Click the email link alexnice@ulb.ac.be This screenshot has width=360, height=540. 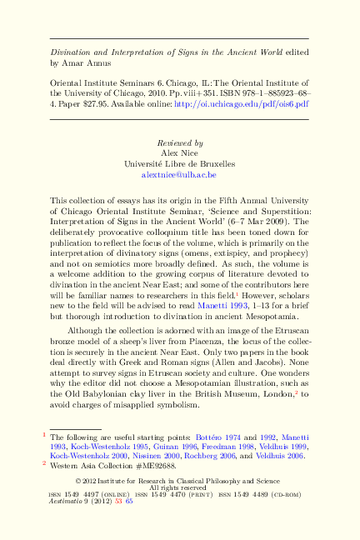179,176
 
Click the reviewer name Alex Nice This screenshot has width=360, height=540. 179,153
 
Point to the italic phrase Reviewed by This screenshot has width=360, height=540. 179,142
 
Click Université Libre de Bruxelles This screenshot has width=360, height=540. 179,164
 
